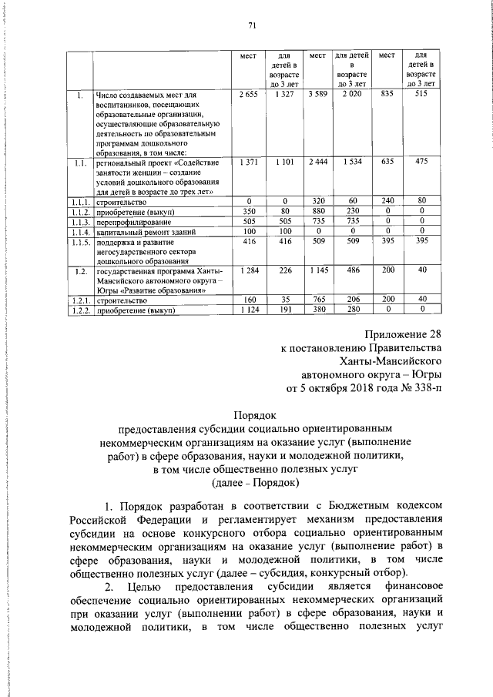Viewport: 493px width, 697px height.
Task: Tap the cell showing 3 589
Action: tap(317, 94)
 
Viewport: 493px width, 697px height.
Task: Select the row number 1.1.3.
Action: tap(77, 221)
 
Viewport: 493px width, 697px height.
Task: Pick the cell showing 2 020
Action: tap(351, 94)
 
